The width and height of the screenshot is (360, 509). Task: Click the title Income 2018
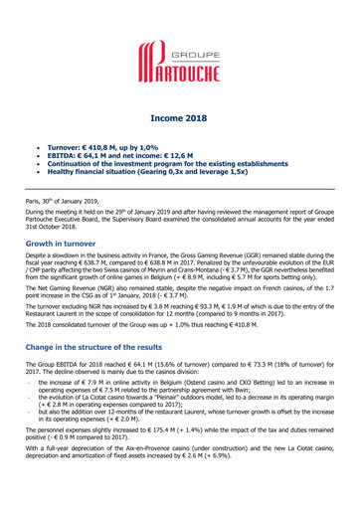click(179, 117)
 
